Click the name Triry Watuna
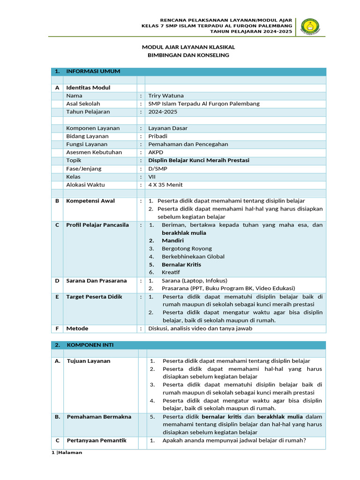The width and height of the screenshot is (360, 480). pos(166,96)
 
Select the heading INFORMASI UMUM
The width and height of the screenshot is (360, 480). pos(93,71)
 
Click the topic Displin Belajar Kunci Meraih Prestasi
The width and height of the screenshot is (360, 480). pos(199,160)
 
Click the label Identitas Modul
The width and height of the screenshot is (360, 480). pos(88,88)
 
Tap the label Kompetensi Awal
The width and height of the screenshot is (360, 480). pos(90,201)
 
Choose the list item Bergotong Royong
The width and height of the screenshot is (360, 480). pos(187,248)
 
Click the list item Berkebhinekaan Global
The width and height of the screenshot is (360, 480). pos(193,256)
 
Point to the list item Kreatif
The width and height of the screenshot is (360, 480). pos(171,272)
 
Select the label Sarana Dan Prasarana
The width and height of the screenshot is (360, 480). pos(97,281)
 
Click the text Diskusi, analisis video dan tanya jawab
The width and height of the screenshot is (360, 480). pos(200,328)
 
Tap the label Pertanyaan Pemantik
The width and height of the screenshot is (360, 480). pos(97,441)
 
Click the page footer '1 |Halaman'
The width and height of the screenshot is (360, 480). pos(66,453)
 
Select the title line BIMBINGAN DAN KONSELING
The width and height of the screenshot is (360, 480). pos(188,55)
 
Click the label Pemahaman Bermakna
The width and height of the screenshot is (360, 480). pos(99,417)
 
